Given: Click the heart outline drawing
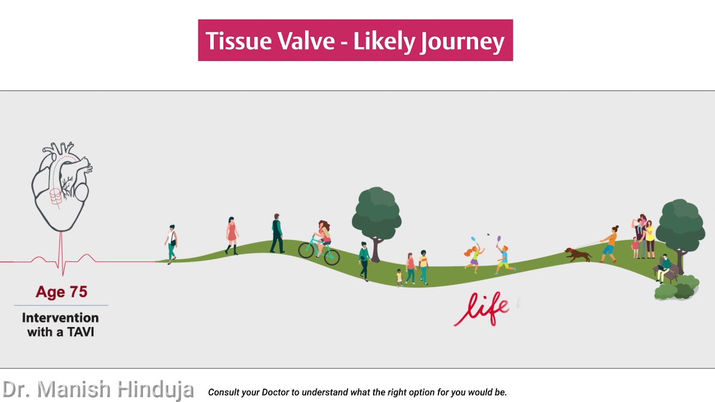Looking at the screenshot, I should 60,187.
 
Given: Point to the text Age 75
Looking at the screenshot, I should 61,292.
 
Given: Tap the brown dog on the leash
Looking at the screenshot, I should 578,255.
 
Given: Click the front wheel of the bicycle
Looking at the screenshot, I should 332,256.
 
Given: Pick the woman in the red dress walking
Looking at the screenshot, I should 232,236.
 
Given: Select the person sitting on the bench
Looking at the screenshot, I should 664,267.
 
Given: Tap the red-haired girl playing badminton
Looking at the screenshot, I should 474,258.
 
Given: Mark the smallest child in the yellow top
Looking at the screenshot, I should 399,277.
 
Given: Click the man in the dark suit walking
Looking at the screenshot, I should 277,233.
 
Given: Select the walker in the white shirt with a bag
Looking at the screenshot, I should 172,243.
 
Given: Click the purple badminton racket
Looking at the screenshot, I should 499,240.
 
